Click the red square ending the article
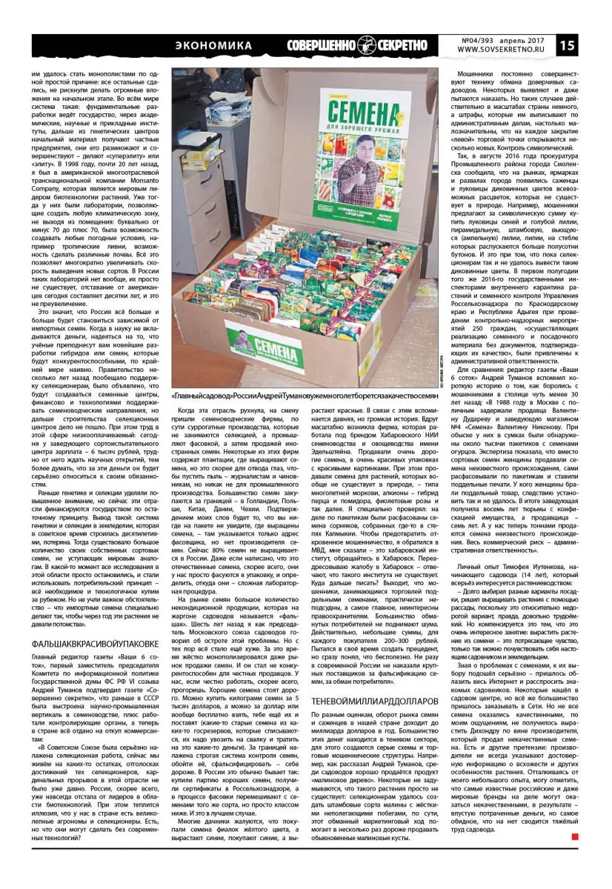[x=574, y=836]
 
